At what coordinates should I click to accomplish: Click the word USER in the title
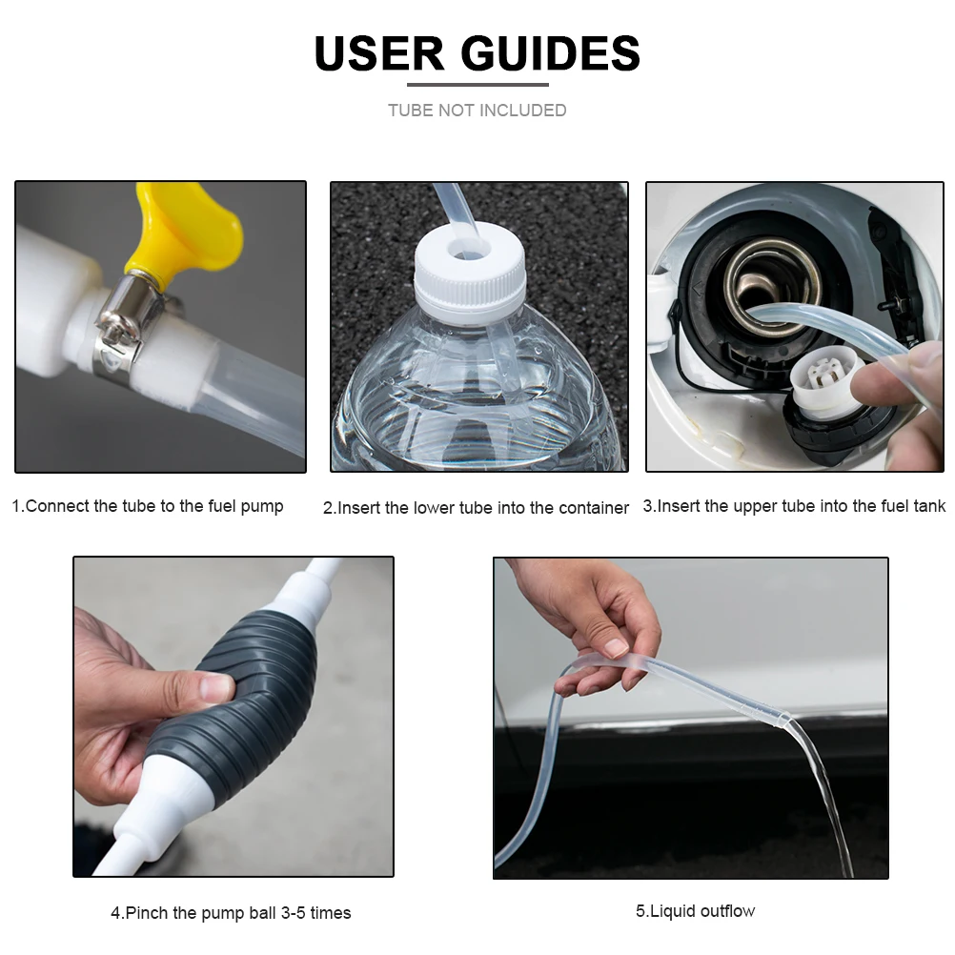click(376, 54)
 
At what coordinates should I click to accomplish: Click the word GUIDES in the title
click(551, 54)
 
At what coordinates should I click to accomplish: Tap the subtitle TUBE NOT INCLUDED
click(477, 111)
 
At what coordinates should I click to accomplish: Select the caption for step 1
click(148, 506)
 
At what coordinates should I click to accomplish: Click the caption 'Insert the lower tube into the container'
click(476, 508)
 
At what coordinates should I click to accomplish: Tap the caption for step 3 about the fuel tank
click(794, 506)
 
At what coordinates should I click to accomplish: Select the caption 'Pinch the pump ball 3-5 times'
click(231, 913)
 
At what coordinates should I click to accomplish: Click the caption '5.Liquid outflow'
click(695, 911)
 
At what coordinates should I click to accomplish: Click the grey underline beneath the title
click(477, 85)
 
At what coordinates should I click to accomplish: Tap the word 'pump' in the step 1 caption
click(260, 506)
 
